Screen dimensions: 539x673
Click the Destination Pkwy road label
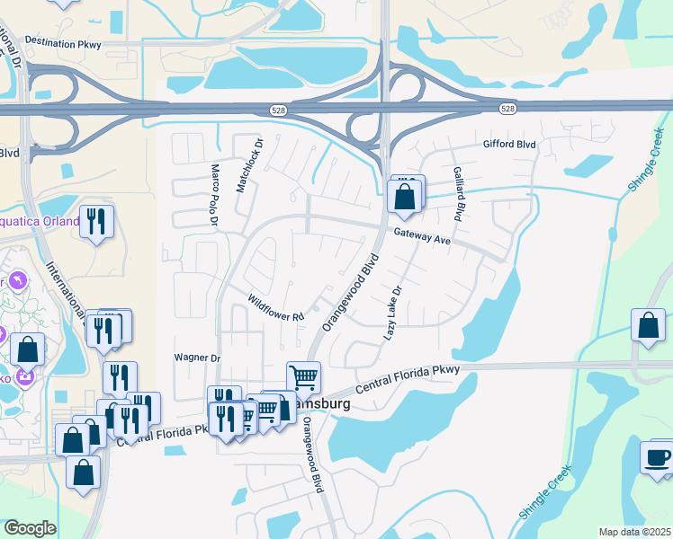tap(63, 42)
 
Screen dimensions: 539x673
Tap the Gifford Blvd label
tap(509, 144)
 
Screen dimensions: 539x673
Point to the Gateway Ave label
tap(421, 236)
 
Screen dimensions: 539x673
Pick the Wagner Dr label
tap(197, 358)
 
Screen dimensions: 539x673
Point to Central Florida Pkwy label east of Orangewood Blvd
tap(408, 380)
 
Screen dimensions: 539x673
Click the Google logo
tap(30, 528)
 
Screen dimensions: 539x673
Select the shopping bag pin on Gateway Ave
tap(404, 197)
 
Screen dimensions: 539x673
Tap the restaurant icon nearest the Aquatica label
tap(97, 221)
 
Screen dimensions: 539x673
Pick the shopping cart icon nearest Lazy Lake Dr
tap(303, 376)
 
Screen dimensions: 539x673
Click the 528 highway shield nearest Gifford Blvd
tap(507, 109)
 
